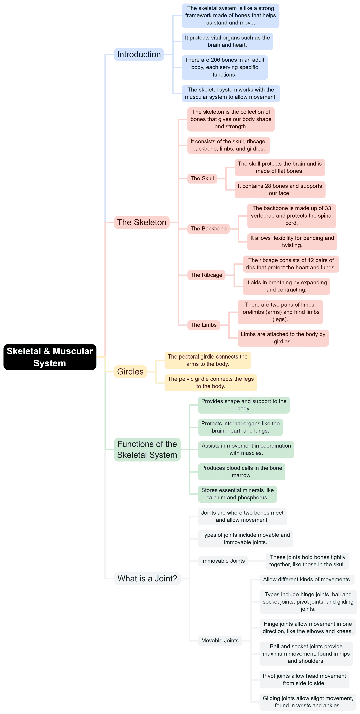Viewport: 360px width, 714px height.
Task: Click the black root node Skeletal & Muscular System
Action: [50, 357]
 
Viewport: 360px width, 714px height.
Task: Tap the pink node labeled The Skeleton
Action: [141, 222]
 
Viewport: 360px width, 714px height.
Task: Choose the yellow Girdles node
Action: [130, 371]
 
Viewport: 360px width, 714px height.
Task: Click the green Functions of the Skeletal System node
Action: [147, 449]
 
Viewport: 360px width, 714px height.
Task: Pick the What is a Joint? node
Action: [147, 578]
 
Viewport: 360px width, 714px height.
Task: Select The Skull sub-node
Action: [202, 178]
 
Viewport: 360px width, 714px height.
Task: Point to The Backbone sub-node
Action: [208, 229]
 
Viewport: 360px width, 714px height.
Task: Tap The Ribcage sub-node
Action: [206, 275]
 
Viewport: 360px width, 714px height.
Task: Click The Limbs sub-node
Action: [203, 325]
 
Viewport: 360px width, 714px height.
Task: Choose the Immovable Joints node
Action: [223, 561]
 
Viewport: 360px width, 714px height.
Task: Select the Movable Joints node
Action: [220, 640]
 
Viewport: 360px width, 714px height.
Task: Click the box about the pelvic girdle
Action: [211, 383]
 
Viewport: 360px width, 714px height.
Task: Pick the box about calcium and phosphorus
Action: [237, 494]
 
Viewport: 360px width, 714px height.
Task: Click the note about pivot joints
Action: [304, 679]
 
